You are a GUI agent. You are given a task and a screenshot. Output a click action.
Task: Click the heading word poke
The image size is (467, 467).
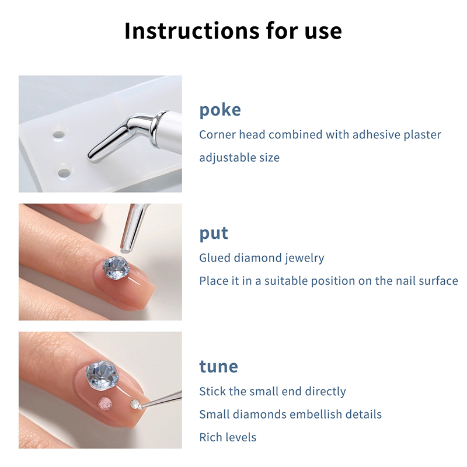(x=220, y=110)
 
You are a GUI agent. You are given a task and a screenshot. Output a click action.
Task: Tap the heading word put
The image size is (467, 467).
(x=214, y=233)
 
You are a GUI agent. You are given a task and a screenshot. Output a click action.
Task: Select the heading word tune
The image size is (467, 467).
(x=218, y=367)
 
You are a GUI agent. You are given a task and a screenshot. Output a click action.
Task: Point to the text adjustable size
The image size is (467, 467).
(x=239, y=158)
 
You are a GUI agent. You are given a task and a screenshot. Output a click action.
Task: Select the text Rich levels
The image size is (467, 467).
(x=228, y=437)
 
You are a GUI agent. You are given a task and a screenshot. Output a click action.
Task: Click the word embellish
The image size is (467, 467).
(x=312, y=414)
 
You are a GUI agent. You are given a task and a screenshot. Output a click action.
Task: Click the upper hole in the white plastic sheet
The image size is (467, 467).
(x=59, y=135)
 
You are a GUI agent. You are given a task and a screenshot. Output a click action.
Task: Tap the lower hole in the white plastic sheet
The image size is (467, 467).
(x=64, y=173)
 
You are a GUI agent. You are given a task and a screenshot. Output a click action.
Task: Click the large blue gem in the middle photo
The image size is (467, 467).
(x=116, y=268)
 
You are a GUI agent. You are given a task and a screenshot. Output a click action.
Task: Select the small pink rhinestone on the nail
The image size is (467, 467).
(x=105, y=404)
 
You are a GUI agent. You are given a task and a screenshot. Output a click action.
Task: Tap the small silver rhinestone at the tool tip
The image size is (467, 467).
(x=135, y=404)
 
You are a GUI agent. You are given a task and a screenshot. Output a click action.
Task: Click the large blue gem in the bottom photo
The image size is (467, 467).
(x=102, y=375)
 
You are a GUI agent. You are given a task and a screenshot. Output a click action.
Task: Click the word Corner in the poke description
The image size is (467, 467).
(x=217, y=135)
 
